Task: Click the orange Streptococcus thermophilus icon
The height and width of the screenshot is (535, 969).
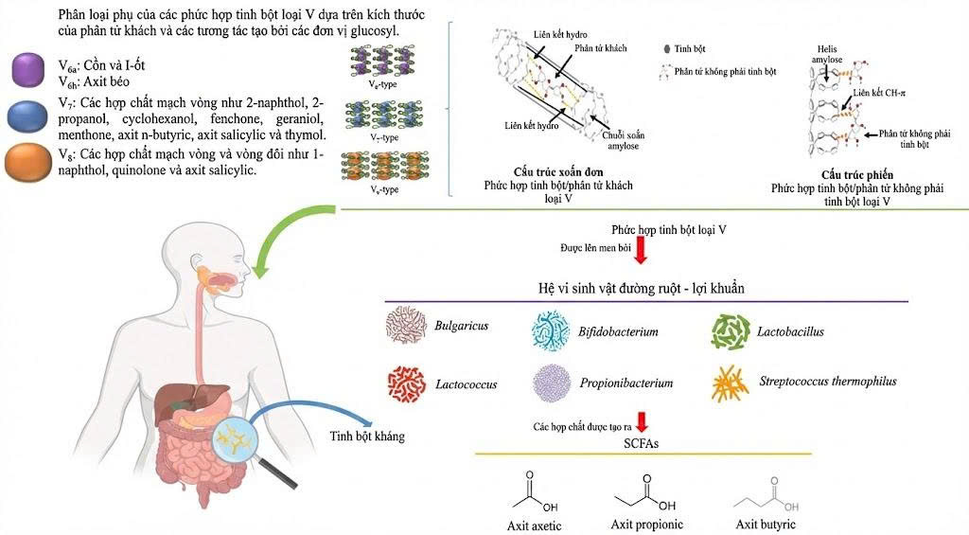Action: coord(731,383)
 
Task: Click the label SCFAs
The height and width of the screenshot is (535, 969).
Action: coord(643,443)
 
